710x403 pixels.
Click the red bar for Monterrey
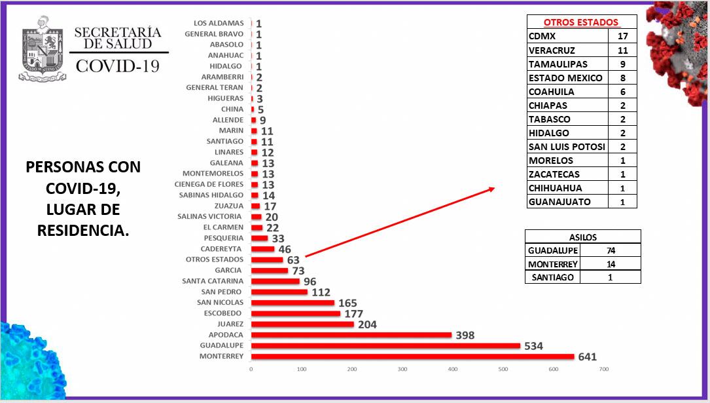(412, 356)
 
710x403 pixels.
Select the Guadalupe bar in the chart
(385, 345)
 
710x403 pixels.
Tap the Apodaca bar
(351, 335)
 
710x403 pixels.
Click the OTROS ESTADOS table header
(581, 22)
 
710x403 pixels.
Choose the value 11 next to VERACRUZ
(623, 50)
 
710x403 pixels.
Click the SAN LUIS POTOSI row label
(567, 147)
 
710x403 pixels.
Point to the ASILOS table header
(582, 237)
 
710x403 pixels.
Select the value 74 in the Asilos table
(611, 250)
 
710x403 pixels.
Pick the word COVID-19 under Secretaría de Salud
(118, 66)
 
